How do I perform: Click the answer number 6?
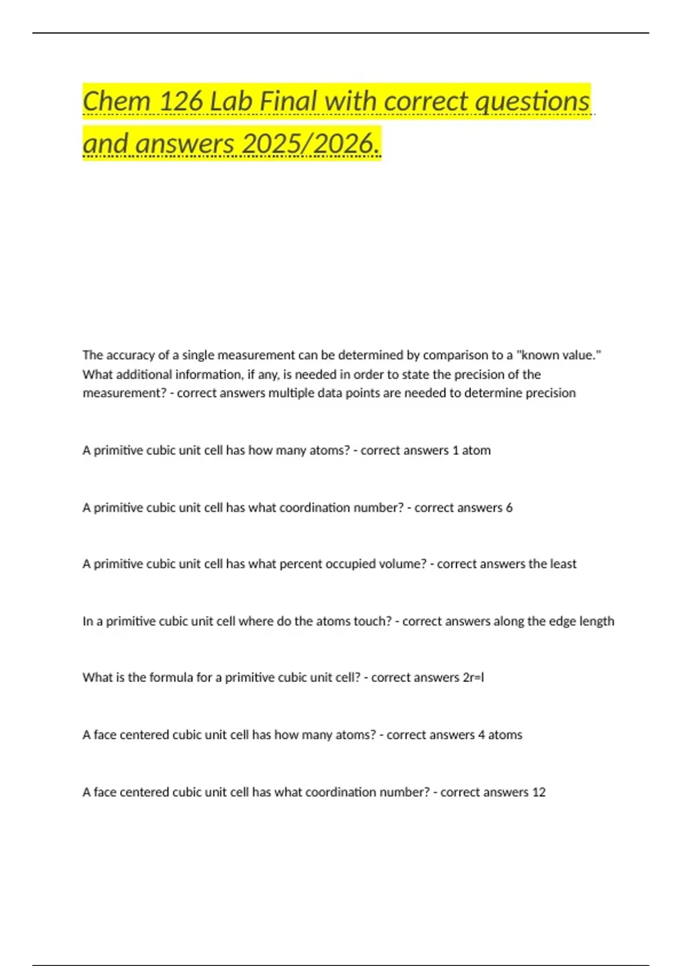click(509, 507)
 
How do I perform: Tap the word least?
click(563, 564)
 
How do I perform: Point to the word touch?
click(372, 621)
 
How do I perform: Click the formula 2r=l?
click(473, 678)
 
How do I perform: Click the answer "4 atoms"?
click(500, 735)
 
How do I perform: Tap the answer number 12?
click(538, 792)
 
